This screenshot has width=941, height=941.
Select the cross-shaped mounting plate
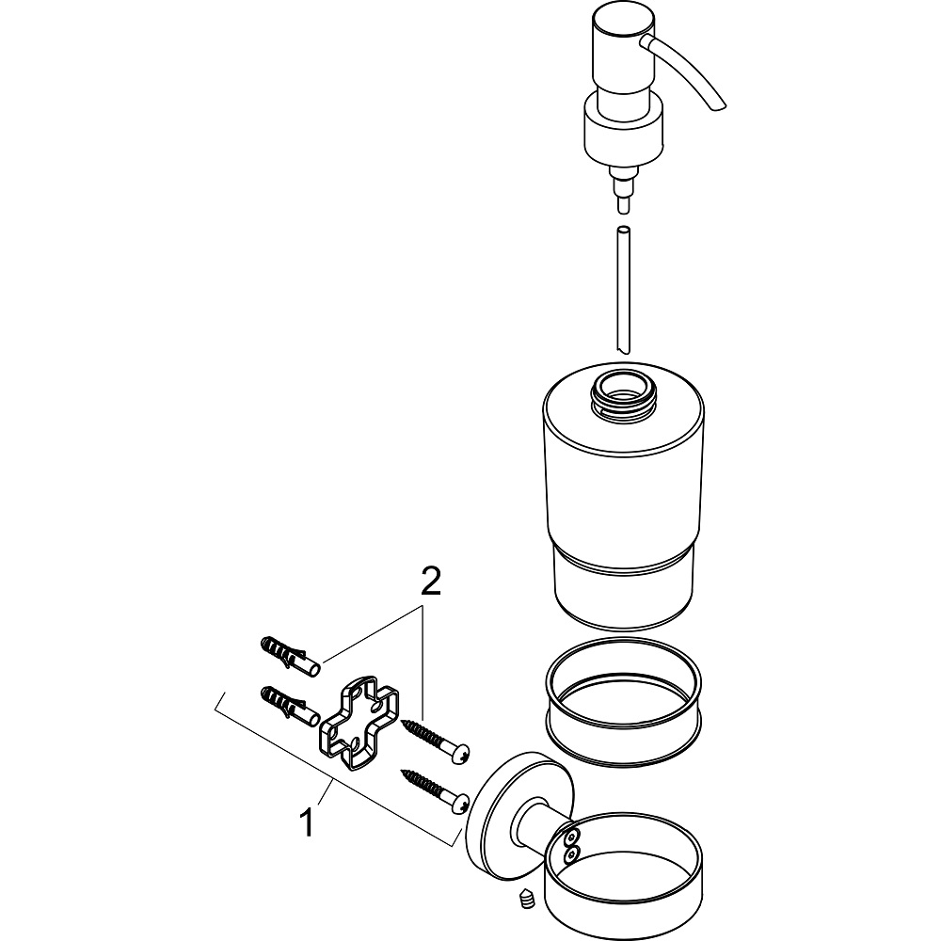click(x=358, y=720)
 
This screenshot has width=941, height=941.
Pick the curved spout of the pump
click(x=691, y=71)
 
